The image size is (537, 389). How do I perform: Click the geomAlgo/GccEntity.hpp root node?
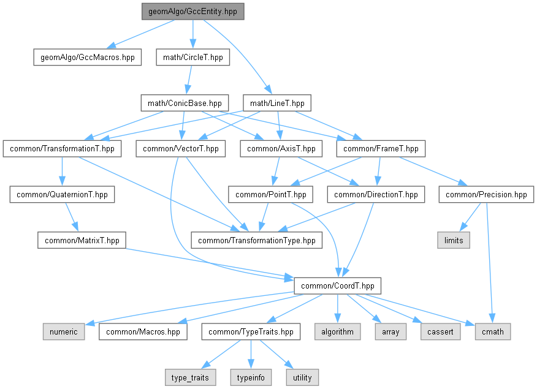coord(193,12)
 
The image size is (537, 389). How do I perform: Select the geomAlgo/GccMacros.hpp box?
coord(87,58)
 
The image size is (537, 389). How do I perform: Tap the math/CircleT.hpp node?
coord(193,58)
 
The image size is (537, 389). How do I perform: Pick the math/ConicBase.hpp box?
coord(185,103)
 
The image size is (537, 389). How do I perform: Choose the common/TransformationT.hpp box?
coord(62,148)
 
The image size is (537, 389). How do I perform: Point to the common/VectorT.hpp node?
coord(180,148)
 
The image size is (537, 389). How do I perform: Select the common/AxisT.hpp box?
coord(281,148)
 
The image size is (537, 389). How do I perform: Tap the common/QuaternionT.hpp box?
coord(59,195)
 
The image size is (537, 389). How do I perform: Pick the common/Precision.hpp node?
coord(486,195)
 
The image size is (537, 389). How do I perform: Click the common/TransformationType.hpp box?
coord(257,240)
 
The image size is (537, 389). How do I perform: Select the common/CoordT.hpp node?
coord(338,285)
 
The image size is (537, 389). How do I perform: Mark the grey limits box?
coord(454,240)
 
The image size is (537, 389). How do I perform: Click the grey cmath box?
coord(493,331)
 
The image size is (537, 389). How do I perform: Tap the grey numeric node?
coord(64,331)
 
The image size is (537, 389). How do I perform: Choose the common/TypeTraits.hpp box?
coord(252,331)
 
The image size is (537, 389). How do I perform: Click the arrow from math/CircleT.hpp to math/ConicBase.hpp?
coord(189,80)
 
